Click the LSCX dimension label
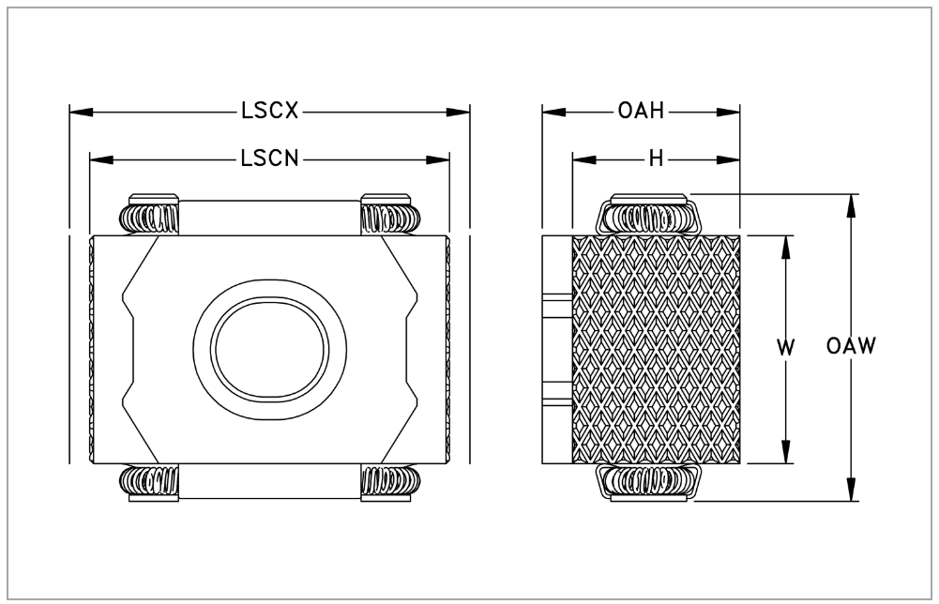click(x=269, y=112)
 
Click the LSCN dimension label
click(x=269, y=159)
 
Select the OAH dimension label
click(x=641, y=112)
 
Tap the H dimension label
click(x=656, y=159)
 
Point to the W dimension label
click(x=786, y=347)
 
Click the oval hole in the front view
click(x=270, y=348)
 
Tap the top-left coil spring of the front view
click(x=149, y=219)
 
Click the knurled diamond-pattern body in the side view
click(x=656, y=349)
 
